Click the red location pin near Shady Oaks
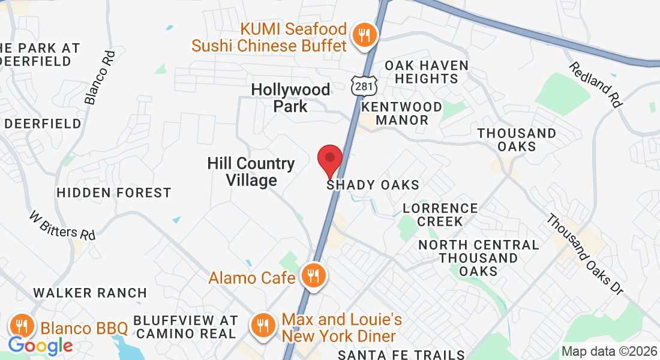329,160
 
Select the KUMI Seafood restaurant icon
364,35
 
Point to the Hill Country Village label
251,172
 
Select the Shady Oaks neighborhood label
373,185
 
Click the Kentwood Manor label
402,113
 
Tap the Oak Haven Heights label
426,72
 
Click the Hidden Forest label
114,193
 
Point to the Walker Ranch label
90,293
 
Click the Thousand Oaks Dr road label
584,254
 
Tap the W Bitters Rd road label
62,225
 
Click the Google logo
40,346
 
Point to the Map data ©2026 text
609,352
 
